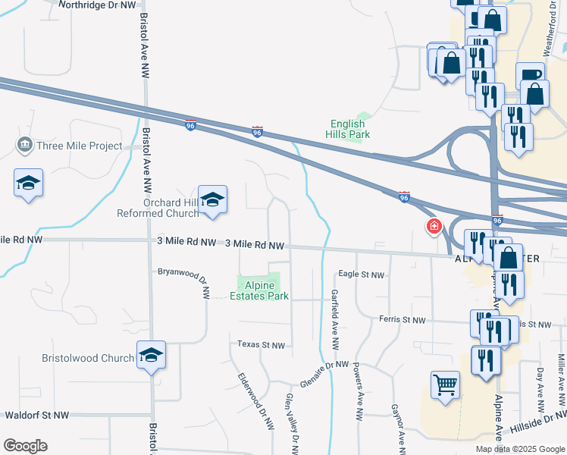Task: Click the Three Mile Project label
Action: pos(79,146)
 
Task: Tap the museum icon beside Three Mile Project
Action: pos(23,145)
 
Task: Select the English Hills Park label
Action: pos(350,129)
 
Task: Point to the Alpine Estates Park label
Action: pos(259,290)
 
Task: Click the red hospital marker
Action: pos(434,226)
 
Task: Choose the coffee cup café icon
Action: pos(530,75)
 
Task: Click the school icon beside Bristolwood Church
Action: pos(151,354)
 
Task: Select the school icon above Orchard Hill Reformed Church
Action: pos(213,199)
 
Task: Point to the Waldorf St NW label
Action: pos(36,415)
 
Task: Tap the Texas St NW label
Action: pos(261,345)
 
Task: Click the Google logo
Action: pos(25,445)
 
